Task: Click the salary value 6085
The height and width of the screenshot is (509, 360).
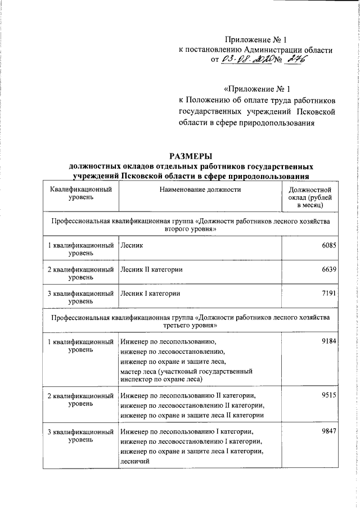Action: (x=328, y=246)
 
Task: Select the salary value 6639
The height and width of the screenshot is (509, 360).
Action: (x=328, y=269)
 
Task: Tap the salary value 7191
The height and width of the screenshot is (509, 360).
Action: (x=328, y=293)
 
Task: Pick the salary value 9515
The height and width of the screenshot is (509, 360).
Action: (x=328, y=395)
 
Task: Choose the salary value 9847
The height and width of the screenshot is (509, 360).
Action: (x=328, y=431)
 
